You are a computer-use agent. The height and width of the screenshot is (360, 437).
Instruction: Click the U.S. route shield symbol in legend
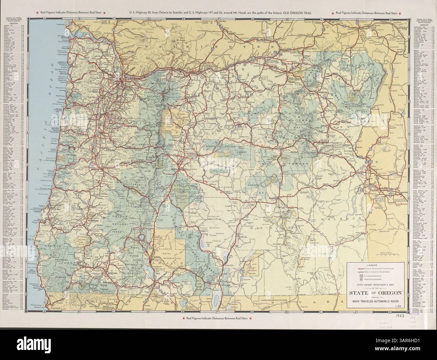[x=361, y=279]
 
